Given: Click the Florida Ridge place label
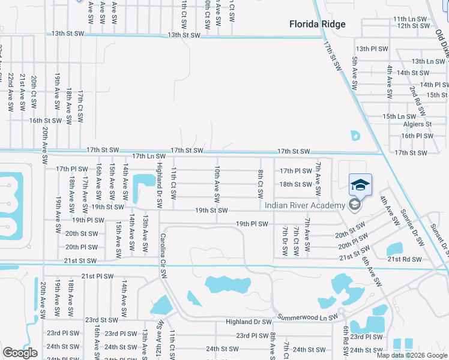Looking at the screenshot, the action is coord(317,24).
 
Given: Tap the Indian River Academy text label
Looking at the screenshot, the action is coord(306,206).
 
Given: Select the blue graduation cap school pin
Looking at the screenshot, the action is coord(360,185).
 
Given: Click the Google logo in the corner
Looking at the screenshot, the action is coord(20,353).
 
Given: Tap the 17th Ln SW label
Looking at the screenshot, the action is coord(148,155).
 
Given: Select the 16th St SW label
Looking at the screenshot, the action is coord(46,120).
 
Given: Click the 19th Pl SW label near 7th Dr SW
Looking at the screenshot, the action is coord(251,224).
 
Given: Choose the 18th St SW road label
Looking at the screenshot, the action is coord(295,184).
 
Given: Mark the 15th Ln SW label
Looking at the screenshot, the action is coord(399,116).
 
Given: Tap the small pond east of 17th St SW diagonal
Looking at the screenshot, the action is coord(355,135).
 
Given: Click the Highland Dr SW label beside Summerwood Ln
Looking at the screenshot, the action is coord(249,322).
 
